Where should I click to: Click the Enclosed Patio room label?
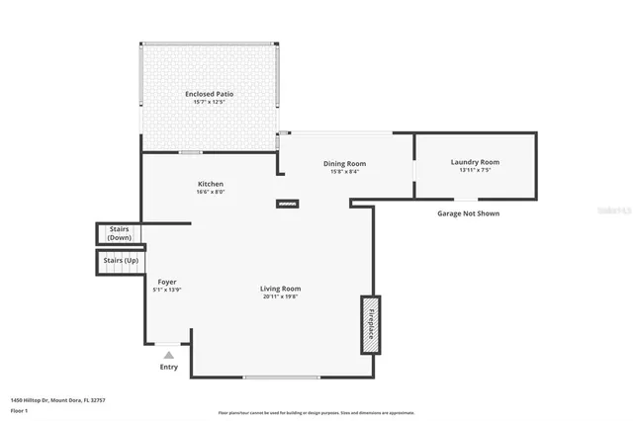pos(209,94)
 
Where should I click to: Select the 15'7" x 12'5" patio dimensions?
pos(209,103)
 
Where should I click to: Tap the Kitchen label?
pos(210,184)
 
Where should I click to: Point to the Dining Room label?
pos(344,163)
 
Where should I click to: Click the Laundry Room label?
pos(475,162)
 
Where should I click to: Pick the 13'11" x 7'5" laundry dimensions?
pos(475,171)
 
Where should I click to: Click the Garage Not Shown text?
pos(468,212)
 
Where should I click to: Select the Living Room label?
pos(281,289)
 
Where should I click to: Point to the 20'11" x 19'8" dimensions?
pos(281,297)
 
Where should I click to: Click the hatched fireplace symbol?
pos(370,324)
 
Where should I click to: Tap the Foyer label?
pos(167,282)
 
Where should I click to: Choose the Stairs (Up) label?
pos(121,260)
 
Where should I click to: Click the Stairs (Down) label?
pos(120,233)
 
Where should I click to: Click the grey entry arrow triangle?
pos(169,354)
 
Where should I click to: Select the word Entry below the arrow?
pos(169,367)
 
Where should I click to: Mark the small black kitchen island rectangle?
pos(286,206)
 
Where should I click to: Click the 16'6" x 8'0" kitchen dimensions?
pos(210,193)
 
